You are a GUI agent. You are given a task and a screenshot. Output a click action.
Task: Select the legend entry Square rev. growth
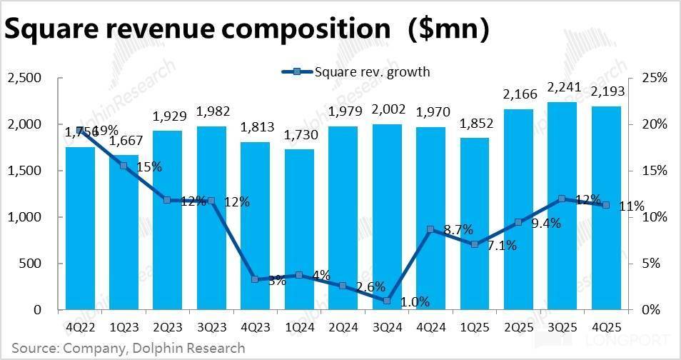(x=357, y=71)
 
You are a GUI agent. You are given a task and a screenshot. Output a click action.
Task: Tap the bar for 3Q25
(x=562, y=207)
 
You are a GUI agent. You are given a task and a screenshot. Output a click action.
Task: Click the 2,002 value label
(x=387, y=109)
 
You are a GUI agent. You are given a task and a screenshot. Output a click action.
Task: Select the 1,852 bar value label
(x=474, y=124)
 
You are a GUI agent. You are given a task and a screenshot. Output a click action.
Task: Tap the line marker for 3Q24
(x=387, y=301)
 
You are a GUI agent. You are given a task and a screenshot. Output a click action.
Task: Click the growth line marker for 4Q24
(x=430, y=229)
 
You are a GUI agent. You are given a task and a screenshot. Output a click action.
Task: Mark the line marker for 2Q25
(x=518, y=222)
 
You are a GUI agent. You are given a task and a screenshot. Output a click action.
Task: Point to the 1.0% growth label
(x=414, y=301)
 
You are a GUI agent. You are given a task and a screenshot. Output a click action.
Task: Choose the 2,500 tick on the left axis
(x=25, y=77)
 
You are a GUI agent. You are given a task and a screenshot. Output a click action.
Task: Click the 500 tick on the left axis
(x=32, y=264)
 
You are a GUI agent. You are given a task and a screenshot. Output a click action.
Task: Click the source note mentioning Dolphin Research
(x=128, y=348)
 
